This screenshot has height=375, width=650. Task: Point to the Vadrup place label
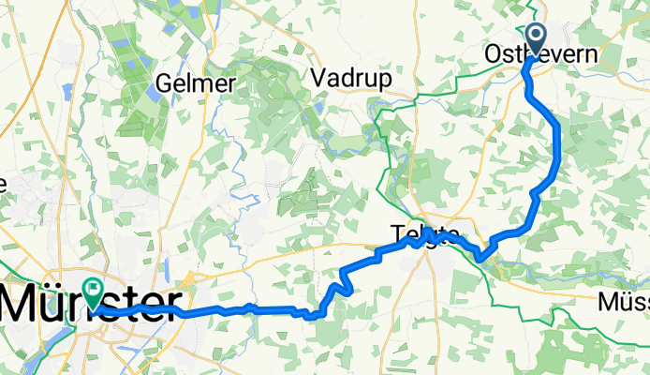click(349, 78)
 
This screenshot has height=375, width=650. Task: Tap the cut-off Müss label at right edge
click(624, 302)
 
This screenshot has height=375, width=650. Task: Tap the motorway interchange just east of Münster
click(188, 281)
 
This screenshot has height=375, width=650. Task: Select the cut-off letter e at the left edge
click(3, 185)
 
